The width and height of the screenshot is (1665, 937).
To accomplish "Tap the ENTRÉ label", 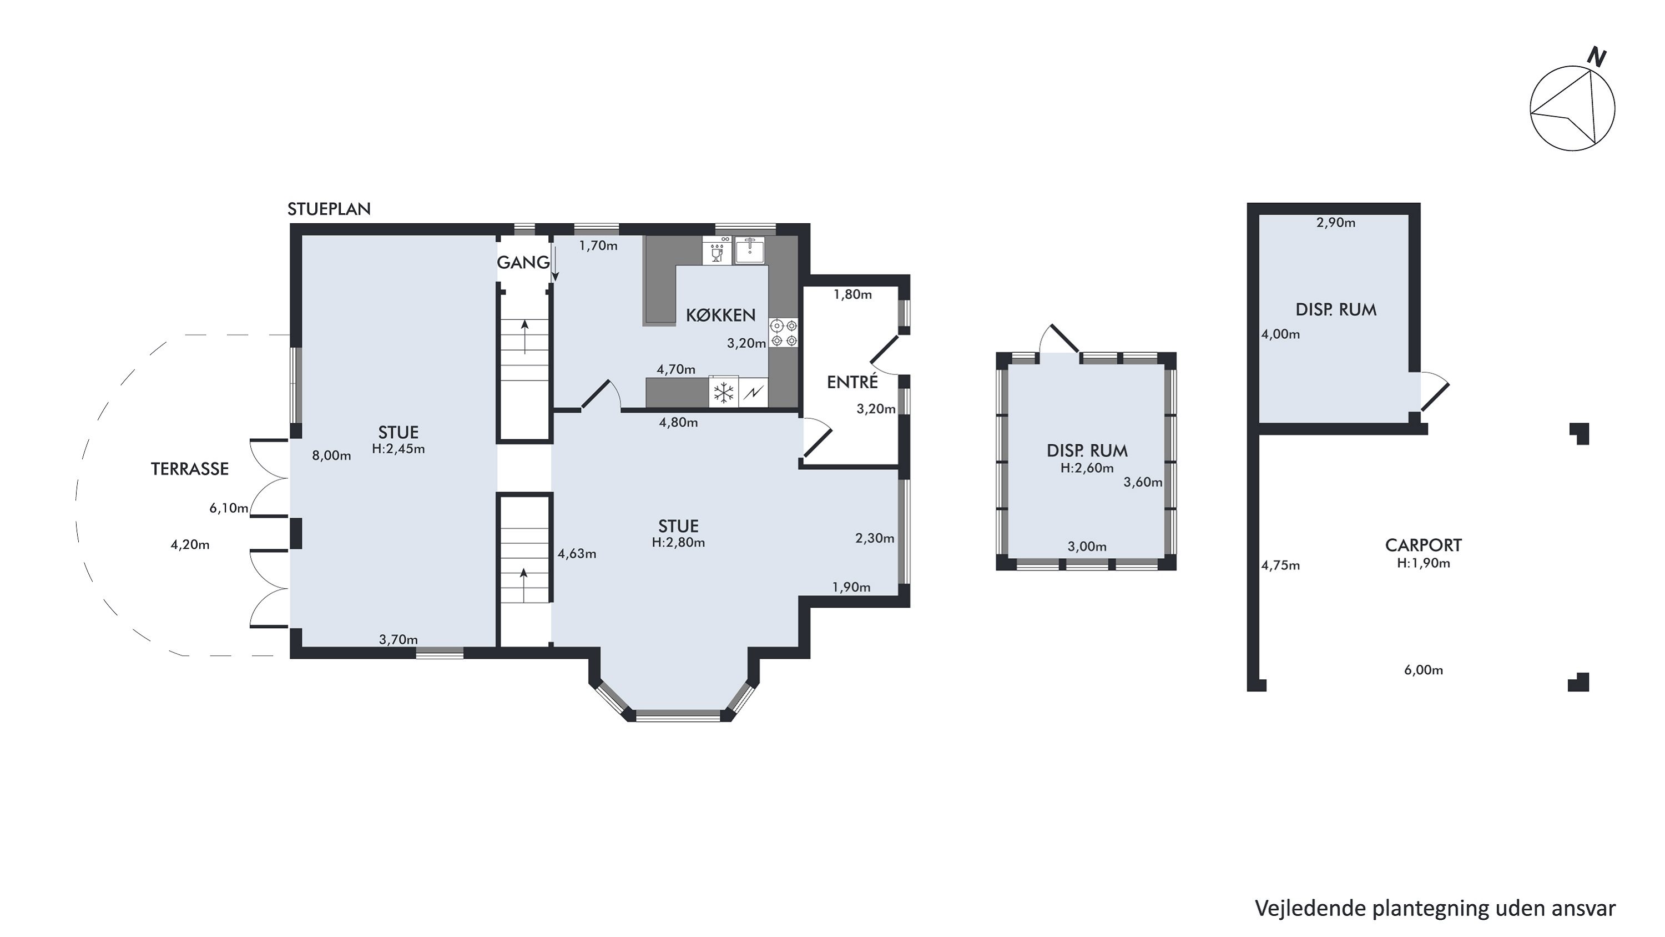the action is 852,382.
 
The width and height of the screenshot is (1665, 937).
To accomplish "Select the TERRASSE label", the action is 189,469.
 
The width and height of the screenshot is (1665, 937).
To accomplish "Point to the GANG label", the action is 523,263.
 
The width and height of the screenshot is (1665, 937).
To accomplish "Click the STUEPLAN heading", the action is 329,209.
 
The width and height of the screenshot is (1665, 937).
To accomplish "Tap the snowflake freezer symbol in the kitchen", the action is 724,393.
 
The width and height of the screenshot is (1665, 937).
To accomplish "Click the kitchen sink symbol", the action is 750,250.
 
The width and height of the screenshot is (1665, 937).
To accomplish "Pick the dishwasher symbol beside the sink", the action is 717,250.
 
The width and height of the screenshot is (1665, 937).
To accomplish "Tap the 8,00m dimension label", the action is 331,455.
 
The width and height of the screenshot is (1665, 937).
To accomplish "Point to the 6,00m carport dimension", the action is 1423,670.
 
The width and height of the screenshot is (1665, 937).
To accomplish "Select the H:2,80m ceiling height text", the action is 678,543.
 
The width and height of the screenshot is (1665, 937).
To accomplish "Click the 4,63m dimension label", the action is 577,554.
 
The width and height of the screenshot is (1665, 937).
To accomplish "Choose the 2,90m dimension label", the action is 1336,223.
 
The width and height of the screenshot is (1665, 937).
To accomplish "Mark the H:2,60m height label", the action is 1087,468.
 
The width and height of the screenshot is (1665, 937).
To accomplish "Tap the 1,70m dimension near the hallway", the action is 598,245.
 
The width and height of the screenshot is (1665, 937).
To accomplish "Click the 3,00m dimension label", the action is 1087,547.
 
